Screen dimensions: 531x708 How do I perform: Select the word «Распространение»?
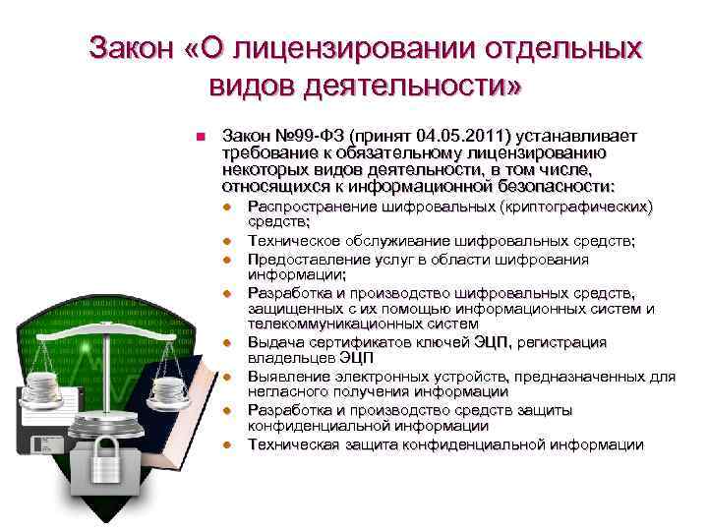(x=310, y=207)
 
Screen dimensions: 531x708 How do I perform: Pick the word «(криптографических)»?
(x=576, y=207)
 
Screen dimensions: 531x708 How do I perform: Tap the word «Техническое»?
(x=293, y=240)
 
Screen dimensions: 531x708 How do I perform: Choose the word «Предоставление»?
(x=308, y=260)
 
